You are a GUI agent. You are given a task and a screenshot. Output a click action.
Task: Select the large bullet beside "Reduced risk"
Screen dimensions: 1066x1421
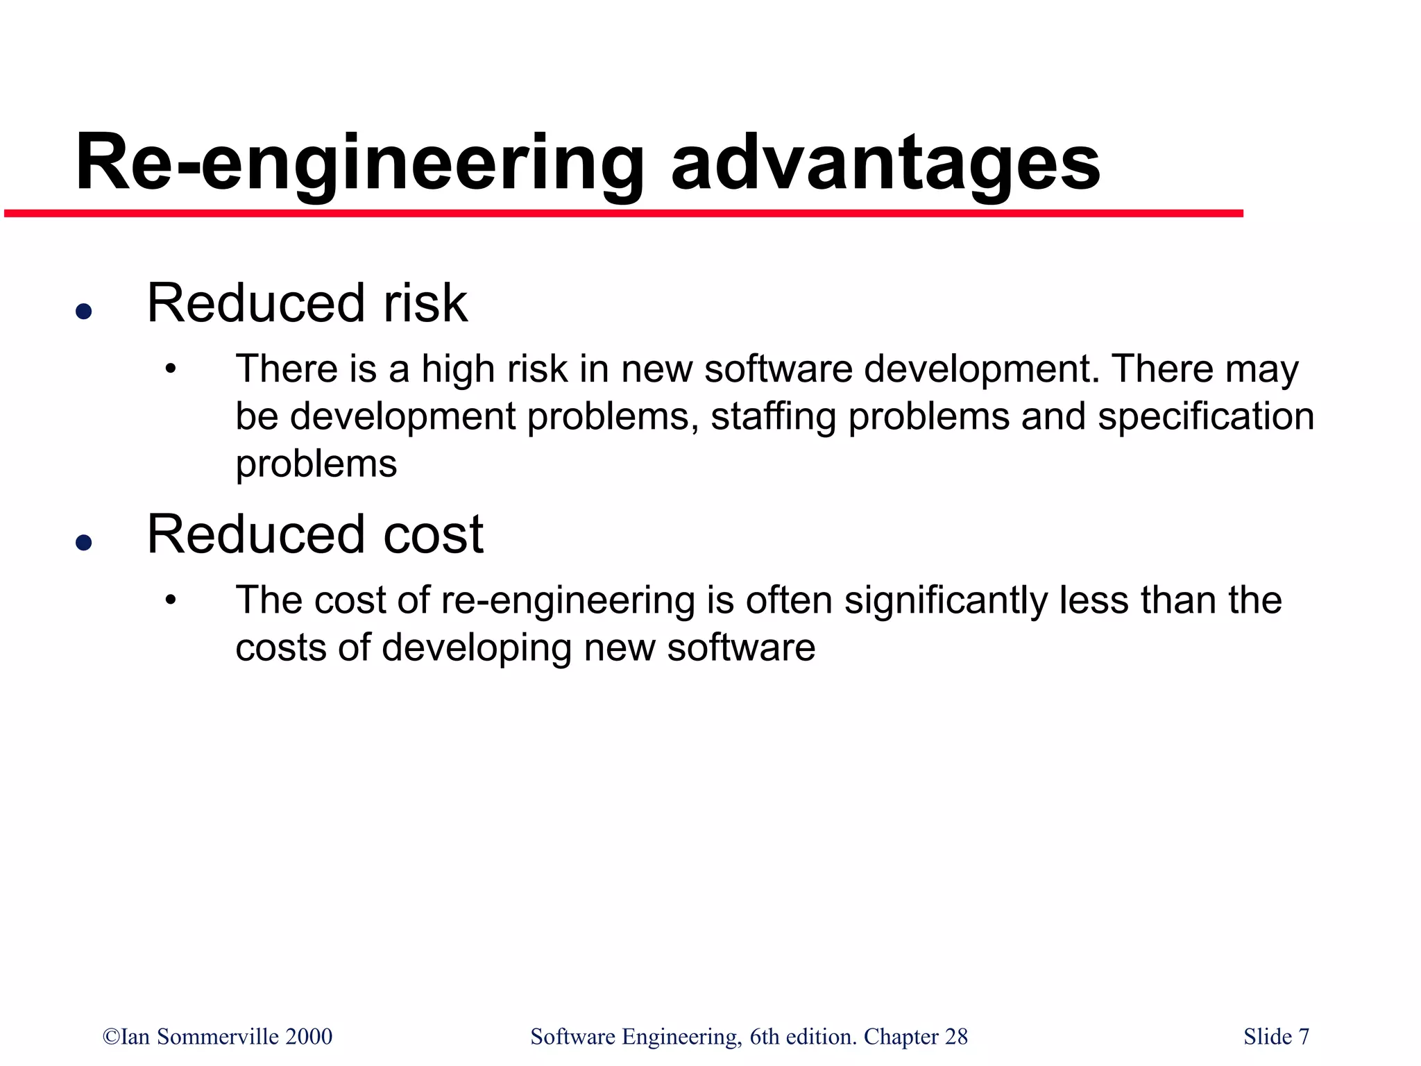(x=84, y=311)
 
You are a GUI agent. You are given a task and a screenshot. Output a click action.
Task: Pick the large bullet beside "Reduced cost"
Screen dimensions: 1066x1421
(x=84, y=542)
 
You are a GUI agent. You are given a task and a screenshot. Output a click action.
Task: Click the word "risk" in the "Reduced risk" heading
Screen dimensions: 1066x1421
(x=425, y=303)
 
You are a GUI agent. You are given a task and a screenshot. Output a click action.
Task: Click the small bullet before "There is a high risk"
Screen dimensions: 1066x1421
(x=171, y=369)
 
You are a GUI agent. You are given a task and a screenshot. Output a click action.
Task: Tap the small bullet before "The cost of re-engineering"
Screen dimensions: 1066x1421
(x=171, y=600)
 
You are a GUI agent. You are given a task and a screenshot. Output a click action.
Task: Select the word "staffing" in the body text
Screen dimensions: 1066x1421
(x=773, y=416)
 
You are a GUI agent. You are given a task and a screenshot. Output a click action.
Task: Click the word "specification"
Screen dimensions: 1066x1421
(x=1206, y=416)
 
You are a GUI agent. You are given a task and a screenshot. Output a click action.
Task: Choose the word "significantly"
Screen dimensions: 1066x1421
(x=946, y=600)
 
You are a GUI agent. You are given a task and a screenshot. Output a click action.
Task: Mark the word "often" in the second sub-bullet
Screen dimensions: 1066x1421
(x=789, y=600)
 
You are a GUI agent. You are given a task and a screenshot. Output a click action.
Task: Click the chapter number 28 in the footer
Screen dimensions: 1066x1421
(x=956, y=1037)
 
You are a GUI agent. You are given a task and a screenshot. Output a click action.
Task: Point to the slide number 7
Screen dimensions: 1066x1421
(x=1304, y=1037)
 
